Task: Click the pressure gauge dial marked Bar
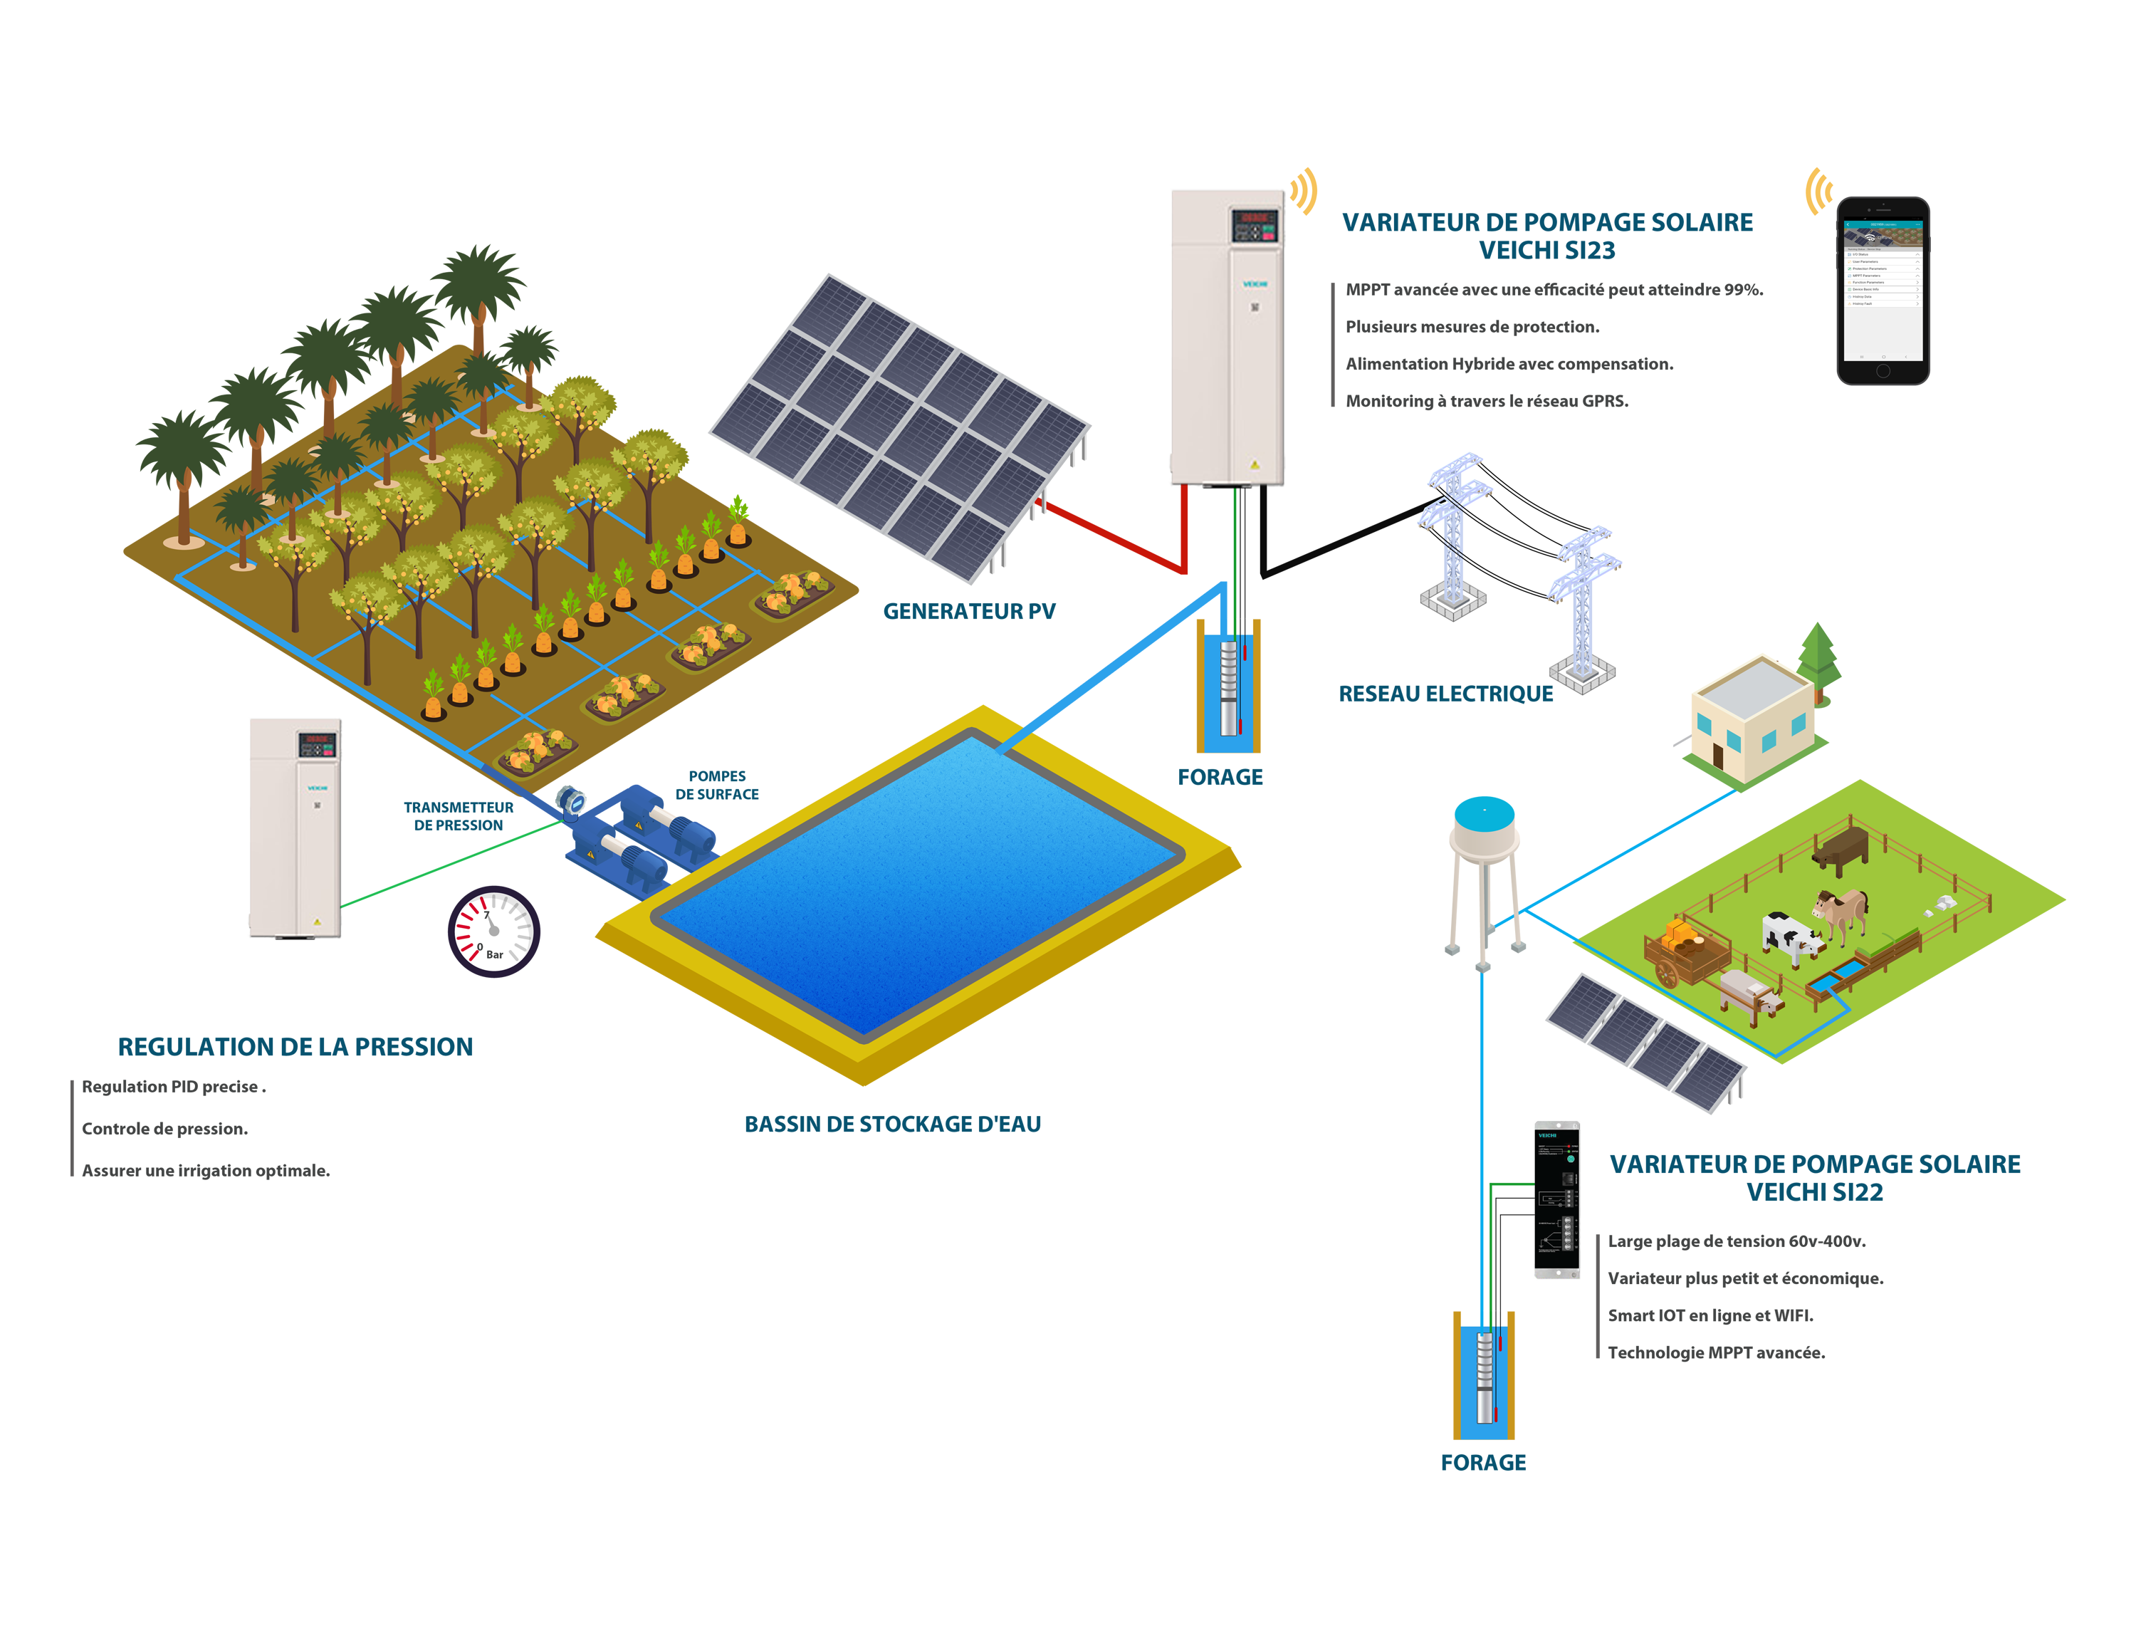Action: [493, 931]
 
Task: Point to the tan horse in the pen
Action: [1841, 912]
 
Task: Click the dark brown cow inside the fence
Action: [1840, 846]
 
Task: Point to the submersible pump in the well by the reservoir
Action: [1230, 673]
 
